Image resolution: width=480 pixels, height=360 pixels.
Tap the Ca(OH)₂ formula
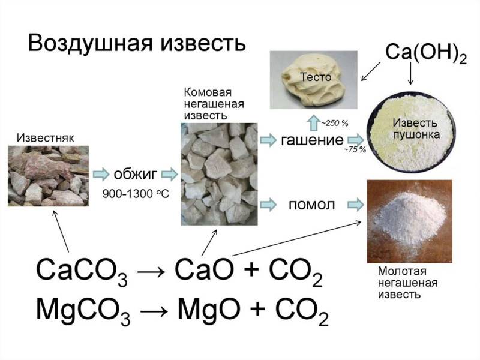pyautogui.click(x=426, y=53)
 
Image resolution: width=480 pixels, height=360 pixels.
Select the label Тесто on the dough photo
pyautogui.click(x=316, y=77)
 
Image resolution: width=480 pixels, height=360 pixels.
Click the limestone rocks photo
pyautogui.click(x=49, y=176)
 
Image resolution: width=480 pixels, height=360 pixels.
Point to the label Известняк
pyautogui.click(x=46, y=138)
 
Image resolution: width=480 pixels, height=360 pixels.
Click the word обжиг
pyautogui.click(x=136, y=174)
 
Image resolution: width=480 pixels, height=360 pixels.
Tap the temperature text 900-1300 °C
pyautogui.click(x=136, y=193)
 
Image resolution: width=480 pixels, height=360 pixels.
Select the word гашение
pyautogui.click(x=312, y=140)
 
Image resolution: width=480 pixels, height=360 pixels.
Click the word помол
pyautogui.click(x=311, y=205)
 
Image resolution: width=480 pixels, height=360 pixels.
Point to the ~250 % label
pyautogui.click(x=335, y=124)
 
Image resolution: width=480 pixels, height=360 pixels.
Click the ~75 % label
pyautogui.click(x=355, y=149)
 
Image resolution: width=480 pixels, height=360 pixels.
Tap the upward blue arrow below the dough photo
pyautogui.click(x=313, y=123)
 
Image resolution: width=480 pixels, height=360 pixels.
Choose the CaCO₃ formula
pyautogui.click(x=82, y=271)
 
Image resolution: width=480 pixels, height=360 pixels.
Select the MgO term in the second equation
pyautogui.click(x=209, y=310)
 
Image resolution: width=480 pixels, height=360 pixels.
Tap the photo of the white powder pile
pyautogui.click(x=410, y=221)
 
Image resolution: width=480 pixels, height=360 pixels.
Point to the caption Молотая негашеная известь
pyautogui.click(x=407, y=283)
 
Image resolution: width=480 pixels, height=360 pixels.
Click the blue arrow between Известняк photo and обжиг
pyautogui.click(x=101, y=174)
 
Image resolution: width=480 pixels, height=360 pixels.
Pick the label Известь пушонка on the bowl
pyautogui.click(x=415, y=128)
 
